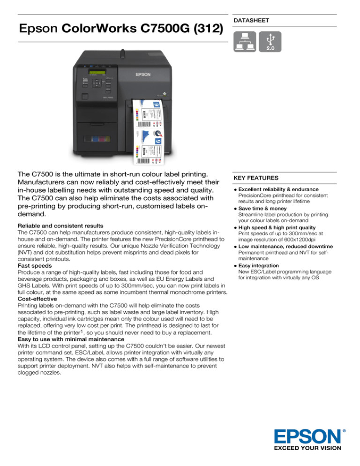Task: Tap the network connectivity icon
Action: (x=247, y=42)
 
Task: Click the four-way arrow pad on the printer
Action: (x=97, y=83)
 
